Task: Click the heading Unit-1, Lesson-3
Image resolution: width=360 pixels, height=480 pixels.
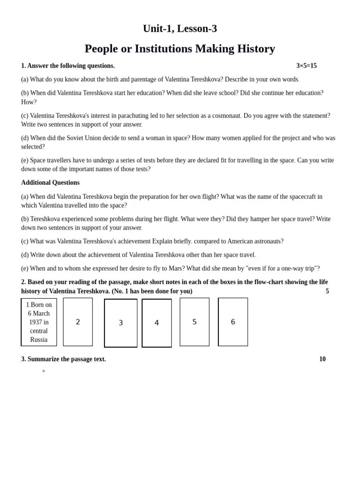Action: (180, 29)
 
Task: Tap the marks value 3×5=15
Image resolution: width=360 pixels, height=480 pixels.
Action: (306, 66)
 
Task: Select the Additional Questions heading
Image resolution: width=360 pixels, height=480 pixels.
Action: (50, 182)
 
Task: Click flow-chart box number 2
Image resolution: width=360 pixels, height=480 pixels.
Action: (78, 322)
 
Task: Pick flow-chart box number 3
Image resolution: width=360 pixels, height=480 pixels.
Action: (120, 323)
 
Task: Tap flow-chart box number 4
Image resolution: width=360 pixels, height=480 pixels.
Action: (157, 323)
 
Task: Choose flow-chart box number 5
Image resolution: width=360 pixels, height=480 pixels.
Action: (195, 322)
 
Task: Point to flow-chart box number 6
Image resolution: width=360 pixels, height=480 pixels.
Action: (233, 322)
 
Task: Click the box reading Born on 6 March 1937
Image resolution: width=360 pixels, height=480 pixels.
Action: (39, 322)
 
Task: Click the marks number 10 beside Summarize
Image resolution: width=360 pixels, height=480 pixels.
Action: (322, 359)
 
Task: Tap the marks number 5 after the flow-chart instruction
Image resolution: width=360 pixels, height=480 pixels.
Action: (327, 291)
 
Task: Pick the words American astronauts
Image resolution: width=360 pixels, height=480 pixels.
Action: (255, 241)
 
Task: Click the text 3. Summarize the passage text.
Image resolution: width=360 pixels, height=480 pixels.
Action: (63, 359)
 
